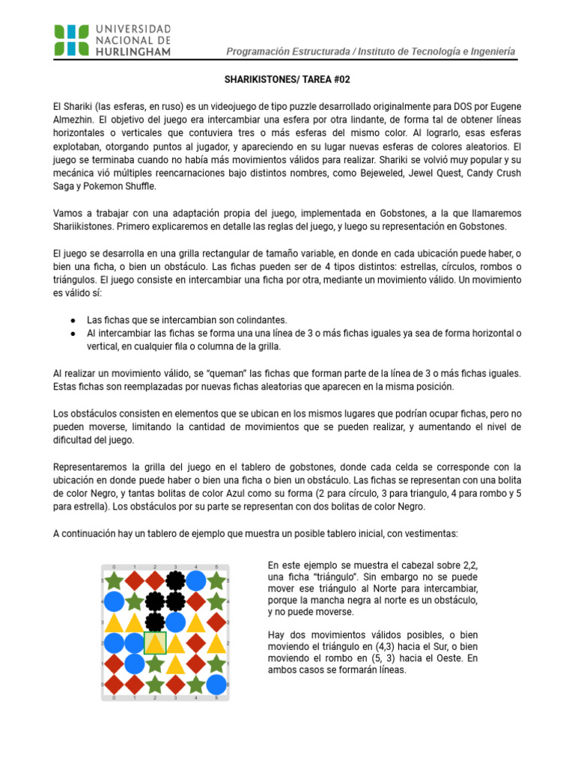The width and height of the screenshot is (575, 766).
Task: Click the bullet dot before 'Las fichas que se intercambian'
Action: pyautogui.click(x=72, y=319)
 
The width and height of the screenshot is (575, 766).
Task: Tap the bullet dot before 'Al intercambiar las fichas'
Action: pyautogui.click(x=72, y=333)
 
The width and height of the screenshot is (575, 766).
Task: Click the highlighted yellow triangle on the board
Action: pyautogui.click(x=155, y=643)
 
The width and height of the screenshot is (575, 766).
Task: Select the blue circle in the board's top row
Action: pyautogui.click(x=196, y=580)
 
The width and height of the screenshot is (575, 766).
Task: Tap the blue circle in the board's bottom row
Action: pyautogui.click(x=216, y=684)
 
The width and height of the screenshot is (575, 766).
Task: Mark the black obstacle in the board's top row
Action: pyautogui.click(x=175, y=580)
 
